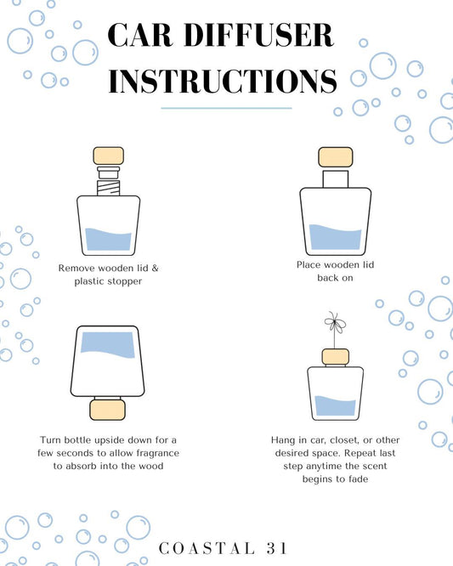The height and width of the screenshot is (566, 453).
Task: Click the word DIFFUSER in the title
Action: (259, 35)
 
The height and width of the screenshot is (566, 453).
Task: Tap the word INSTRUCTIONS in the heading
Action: (223, 81)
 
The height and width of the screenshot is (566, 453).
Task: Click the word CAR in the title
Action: (140, 35)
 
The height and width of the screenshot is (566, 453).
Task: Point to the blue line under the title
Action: (226, 108)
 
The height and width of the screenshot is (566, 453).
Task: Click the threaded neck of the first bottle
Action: (108, 188)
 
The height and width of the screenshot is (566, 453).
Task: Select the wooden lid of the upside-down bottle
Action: (108, 410)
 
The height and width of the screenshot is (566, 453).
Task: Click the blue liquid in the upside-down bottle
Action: (108, 344)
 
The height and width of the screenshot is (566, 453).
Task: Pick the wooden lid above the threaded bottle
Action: (109, 156)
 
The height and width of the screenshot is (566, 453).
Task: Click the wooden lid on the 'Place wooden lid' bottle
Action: (336, 157)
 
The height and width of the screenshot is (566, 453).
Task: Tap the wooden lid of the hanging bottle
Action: (336, 357)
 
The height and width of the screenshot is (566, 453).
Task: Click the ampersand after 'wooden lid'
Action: (155, 269)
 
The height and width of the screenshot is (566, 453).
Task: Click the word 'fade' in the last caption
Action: (359, 479)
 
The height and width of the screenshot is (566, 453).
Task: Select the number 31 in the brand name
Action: (277, 548)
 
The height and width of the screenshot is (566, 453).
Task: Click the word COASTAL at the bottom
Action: (207, 548)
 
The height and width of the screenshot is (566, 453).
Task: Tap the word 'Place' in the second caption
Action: (309, 265)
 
